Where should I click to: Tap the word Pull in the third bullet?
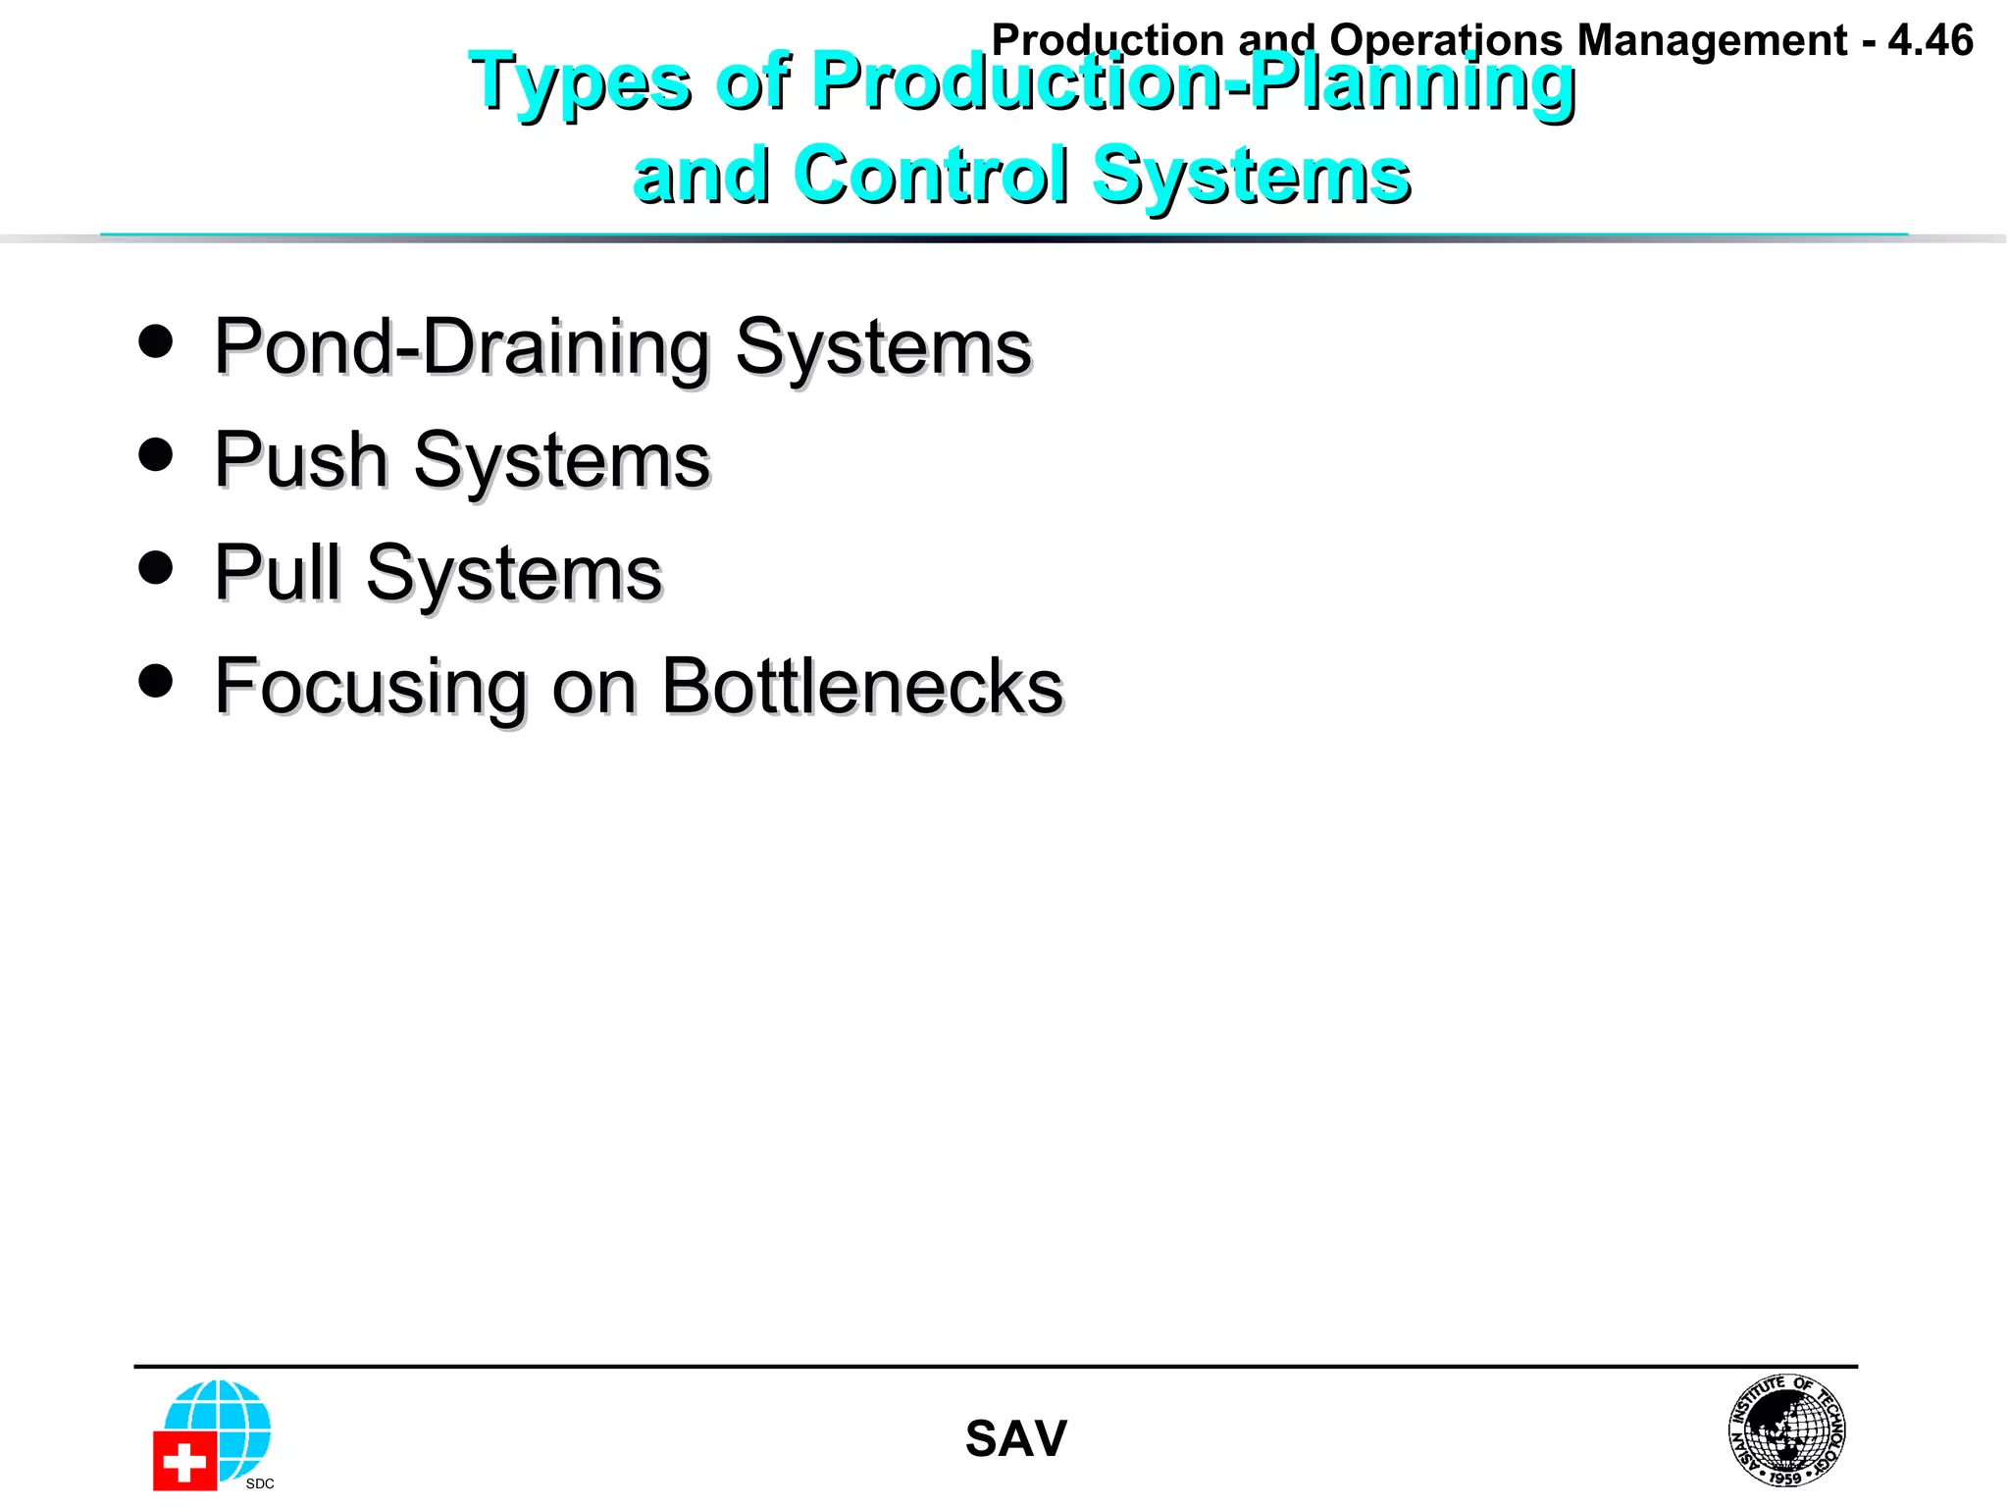(x=278, y=573)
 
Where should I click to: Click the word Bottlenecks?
(x=861, y=686)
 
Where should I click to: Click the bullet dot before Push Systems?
(x=156, y=455)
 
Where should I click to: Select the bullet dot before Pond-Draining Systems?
(x=156, y=341)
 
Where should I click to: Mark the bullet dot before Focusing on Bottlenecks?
(x=156, y=681)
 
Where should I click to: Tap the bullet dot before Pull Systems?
(x=156, y=567)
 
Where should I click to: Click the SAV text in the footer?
(x=1015, y=1439)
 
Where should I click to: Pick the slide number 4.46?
(x=1930, y=41)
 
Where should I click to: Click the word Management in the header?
(x=1712, y=41)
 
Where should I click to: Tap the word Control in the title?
(x=931, y=175)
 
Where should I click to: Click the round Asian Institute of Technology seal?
(x=1786, y=1430)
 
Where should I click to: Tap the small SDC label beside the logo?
(x=260, y=1483)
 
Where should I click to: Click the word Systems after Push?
(x=561, y=460)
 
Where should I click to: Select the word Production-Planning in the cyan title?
(x=1193, y=81)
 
